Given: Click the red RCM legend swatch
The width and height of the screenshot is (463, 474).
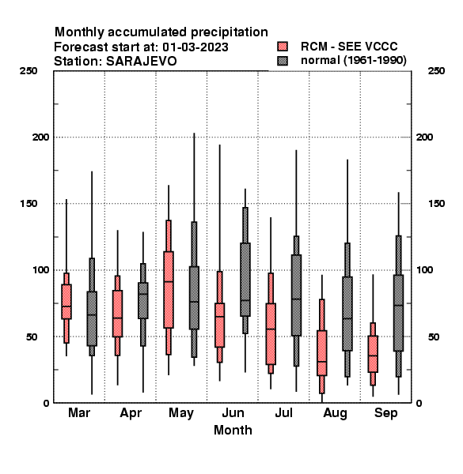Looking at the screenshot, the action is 283,47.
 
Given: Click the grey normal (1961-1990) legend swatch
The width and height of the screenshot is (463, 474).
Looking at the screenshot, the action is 283,61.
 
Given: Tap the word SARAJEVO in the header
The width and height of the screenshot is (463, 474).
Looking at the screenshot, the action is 141,62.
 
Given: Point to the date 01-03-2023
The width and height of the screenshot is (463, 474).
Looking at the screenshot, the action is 195,47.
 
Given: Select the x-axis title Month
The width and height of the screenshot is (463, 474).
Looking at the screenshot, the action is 233,431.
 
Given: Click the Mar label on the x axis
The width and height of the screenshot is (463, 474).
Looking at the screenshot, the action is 79,412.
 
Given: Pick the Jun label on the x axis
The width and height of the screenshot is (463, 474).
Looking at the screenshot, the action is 233,412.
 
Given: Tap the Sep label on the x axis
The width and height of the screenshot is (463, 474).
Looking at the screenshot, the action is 385,413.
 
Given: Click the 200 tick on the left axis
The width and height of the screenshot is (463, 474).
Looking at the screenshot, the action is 40,137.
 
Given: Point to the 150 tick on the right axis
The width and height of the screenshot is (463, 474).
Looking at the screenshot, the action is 436,204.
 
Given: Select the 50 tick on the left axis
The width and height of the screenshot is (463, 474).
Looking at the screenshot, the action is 31,337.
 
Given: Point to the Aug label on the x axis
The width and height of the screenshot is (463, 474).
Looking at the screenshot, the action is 335,413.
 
